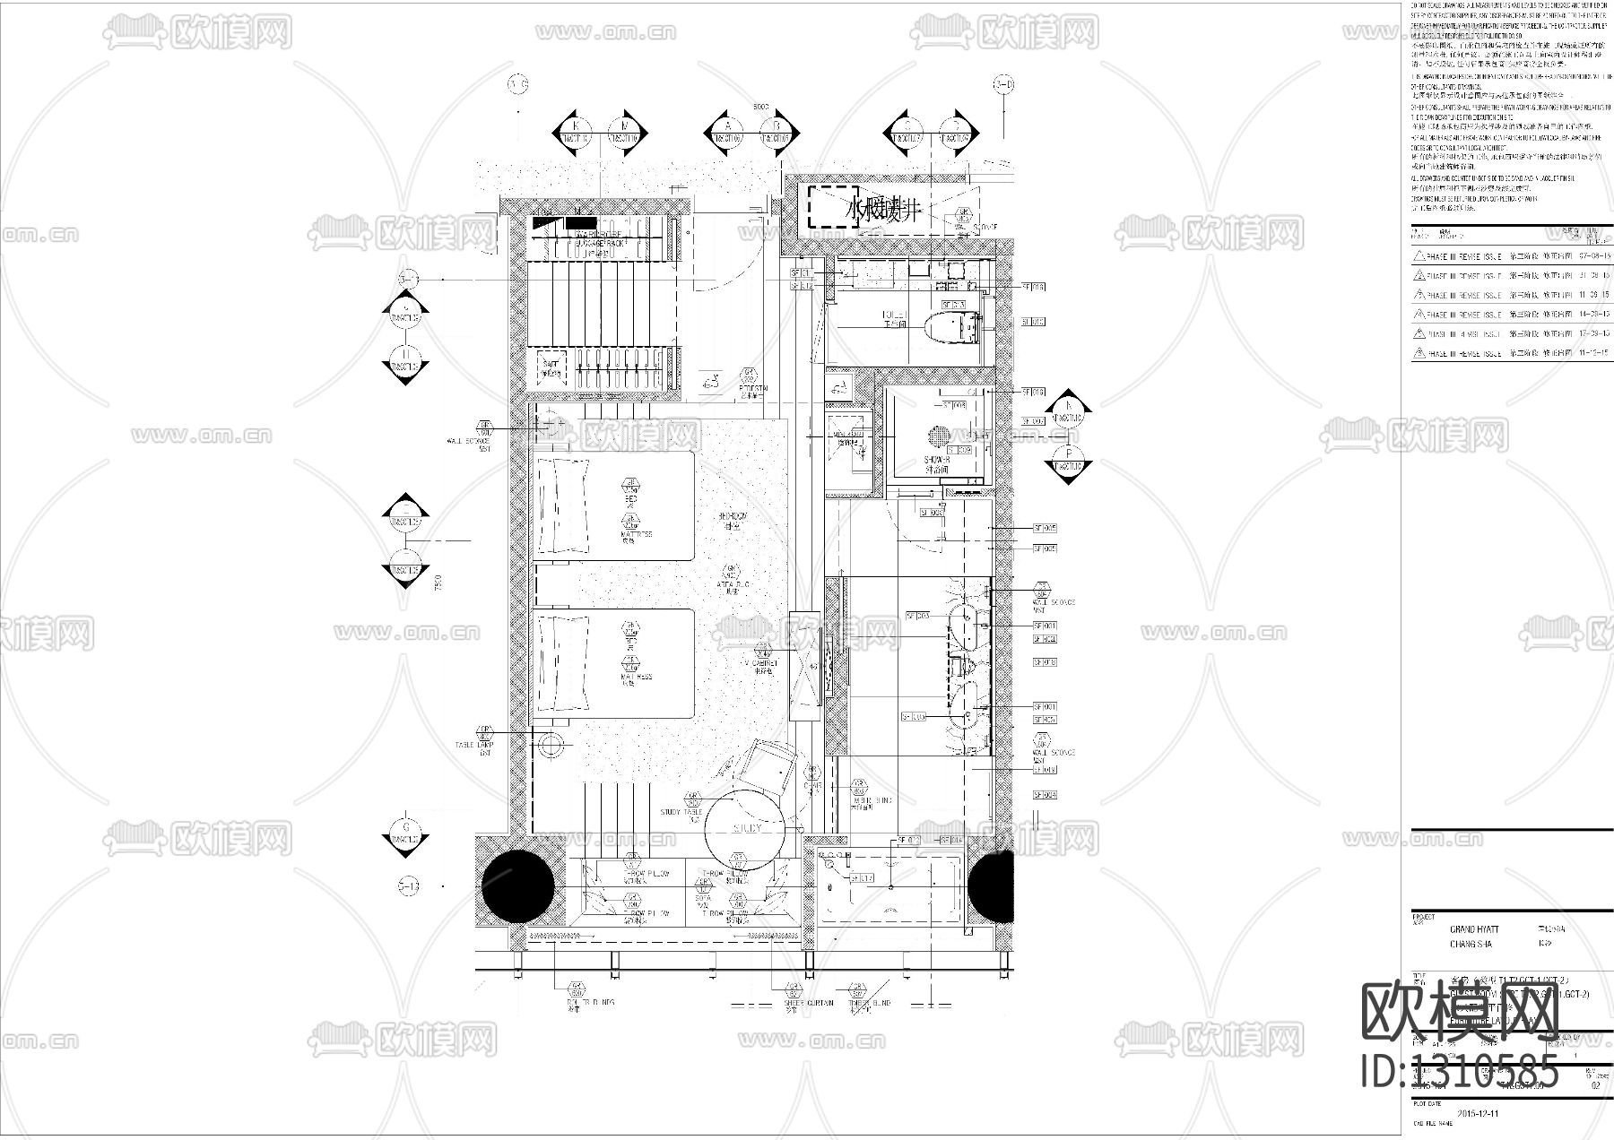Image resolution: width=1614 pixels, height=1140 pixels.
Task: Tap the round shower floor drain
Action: [x=939, y=436]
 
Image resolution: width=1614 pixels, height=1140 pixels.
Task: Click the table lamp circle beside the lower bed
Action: [x=550, y=744]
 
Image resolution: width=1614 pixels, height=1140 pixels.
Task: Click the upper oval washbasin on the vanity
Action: [x=966, y=625]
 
